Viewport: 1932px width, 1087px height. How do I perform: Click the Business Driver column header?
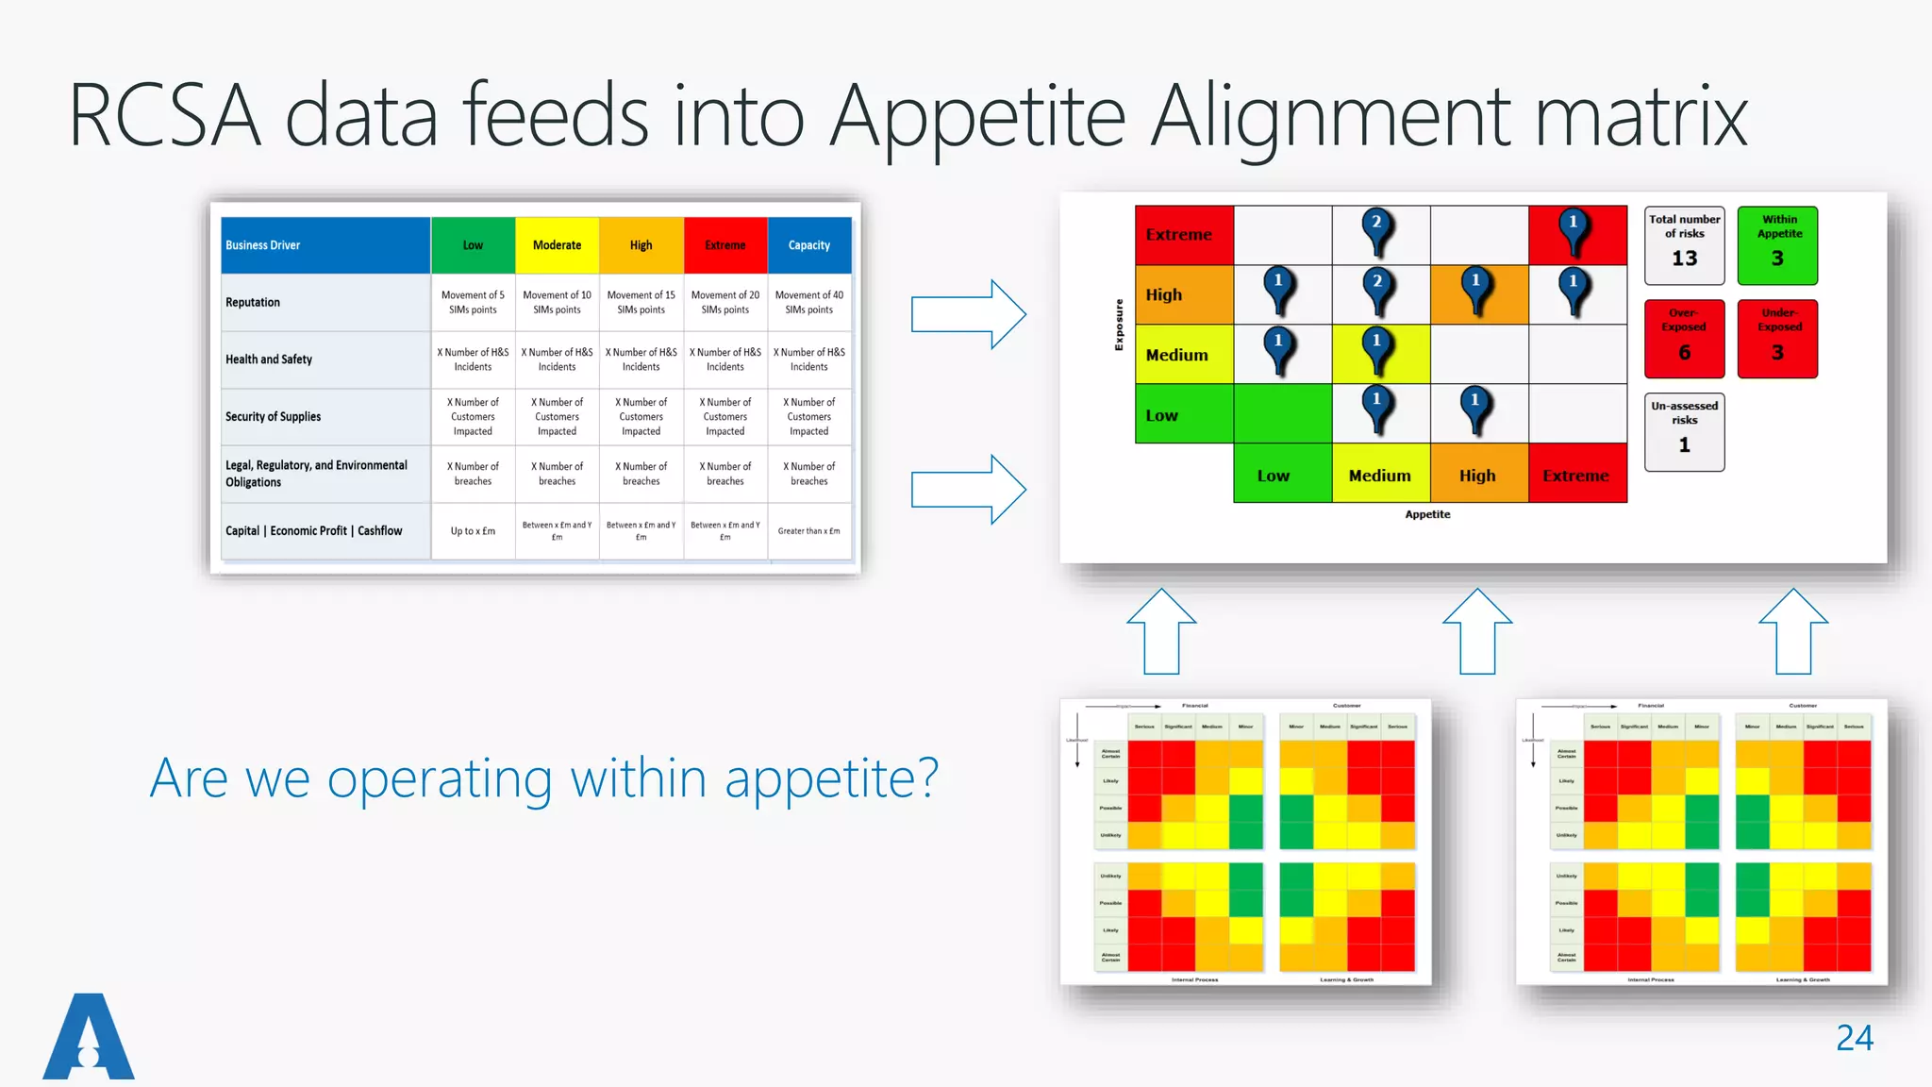(325, 245)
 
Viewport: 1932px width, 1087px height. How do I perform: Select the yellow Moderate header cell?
(557, 245)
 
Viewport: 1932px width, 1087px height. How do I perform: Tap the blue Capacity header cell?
(809, 245)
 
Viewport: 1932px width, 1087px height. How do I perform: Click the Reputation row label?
(253, 302)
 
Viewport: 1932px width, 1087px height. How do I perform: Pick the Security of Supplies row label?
(274, 416)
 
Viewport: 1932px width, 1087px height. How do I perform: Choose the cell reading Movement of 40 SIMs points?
(809, 302)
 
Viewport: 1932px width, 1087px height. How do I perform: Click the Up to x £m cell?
(473, 531)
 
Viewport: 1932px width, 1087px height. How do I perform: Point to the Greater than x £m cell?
(809, 531)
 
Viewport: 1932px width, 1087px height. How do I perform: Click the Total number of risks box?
(1684, 245)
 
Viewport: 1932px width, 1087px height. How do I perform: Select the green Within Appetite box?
(1777, 245)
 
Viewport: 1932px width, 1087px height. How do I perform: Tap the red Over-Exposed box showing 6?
(1684, 338)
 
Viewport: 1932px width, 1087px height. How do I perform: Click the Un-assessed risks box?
(1684, 431)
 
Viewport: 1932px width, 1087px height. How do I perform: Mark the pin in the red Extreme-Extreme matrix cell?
(1574, 230)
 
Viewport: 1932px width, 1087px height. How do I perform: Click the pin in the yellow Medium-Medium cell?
(1377, 349)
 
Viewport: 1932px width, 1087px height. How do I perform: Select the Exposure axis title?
(1119, 325)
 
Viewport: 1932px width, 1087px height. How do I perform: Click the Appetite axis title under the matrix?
(1427, 514)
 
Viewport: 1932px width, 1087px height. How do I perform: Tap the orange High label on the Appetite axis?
(1477, 476)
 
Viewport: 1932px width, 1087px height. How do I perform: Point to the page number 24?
(1854, 1038)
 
